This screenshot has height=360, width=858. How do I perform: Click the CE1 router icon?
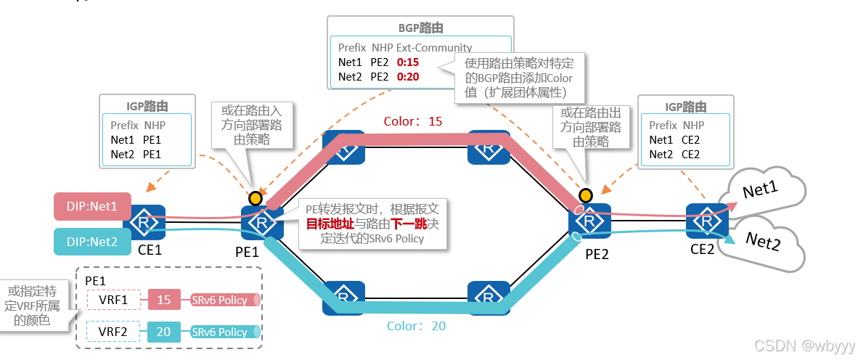(146, 222)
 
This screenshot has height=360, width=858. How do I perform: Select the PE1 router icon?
(261, 222)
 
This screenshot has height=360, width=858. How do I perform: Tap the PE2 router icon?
(590, 221)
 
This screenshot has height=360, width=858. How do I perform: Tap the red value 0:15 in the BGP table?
(408, 62)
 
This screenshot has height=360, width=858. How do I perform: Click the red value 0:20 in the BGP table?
(408, 76)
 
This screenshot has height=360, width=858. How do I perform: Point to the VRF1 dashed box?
(113, 300)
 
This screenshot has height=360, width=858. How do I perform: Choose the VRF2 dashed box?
(113, 332)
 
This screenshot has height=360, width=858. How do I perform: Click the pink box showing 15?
(164, 300)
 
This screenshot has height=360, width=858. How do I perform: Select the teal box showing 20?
(164, 332)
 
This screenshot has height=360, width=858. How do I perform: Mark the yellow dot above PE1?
(255, 197)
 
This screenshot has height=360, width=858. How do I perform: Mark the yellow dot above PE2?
(585, 195)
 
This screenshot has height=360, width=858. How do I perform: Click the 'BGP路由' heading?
(421, 28)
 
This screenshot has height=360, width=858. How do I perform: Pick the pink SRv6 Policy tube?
(224, 300)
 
